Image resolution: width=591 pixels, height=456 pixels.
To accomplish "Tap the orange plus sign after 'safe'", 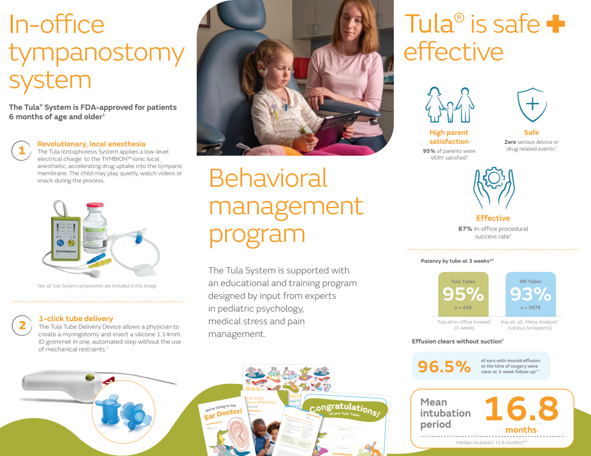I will pyautogui.click(x=555, y=25).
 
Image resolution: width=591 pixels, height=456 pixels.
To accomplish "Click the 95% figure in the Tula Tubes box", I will pyautogui.click(x=463, y=294).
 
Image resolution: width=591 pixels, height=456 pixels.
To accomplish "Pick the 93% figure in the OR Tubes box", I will pyautogui.click(x=530, y=294).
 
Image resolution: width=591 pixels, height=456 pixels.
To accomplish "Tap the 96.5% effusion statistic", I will pyautogui.click(x=444, y=367).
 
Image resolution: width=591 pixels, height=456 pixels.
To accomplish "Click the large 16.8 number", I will pyautogui.click(x=522, y=409).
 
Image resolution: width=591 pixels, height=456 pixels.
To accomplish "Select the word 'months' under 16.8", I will pyautogui.click(x=521, y=430).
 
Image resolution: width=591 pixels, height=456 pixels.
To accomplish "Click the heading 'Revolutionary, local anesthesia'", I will pyautogui.click(x=91, y=144).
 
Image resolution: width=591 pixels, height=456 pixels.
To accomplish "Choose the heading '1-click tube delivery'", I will pyautogui.click(x=76, y=318).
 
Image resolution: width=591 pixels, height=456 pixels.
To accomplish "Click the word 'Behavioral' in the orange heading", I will pyautogui.click(x=268, y=178).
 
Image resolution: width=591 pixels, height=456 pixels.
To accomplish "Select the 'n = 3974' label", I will pyautogui.click(x=530, y=308).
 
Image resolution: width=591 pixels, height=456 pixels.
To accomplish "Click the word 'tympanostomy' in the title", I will pyautogui.click(x=97, y=53).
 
